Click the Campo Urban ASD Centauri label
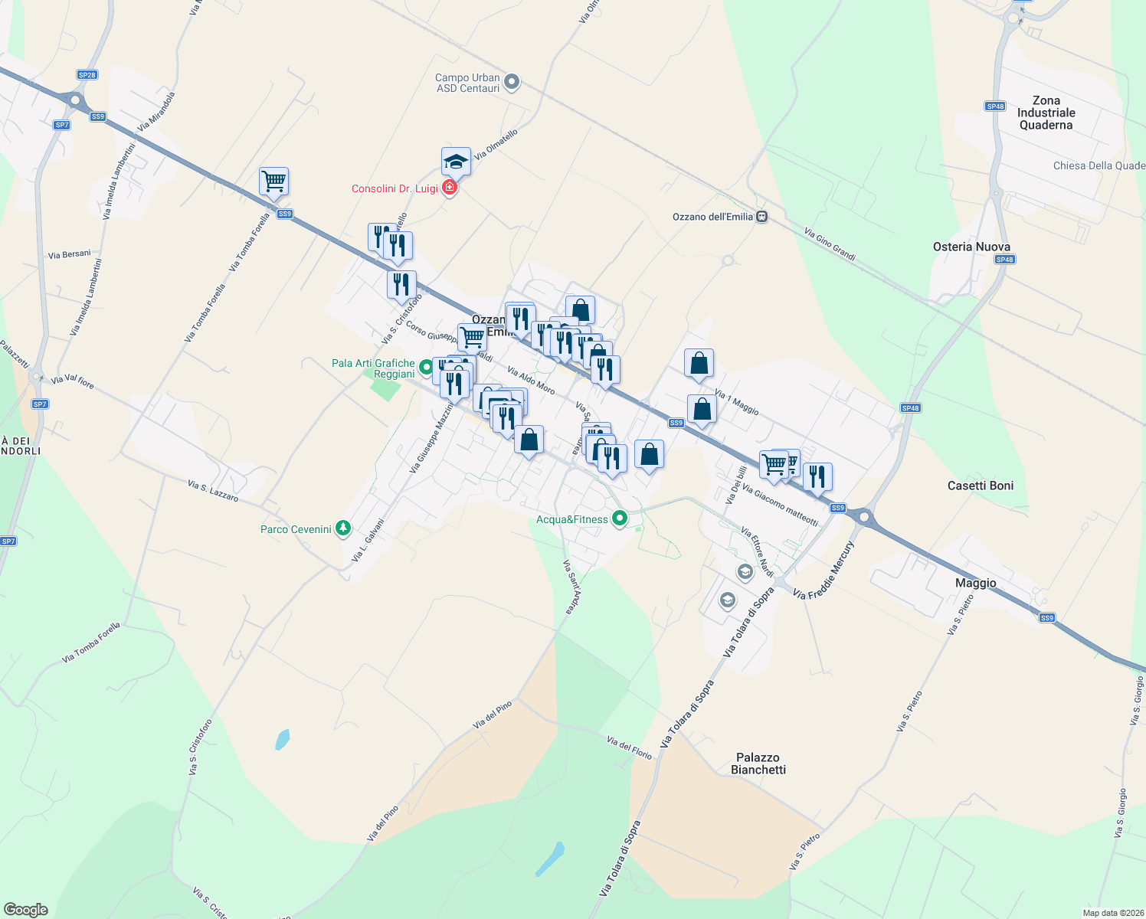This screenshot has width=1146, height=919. coord(467,83)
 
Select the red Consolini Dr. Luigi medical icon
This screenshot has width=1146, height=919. coord(450,188)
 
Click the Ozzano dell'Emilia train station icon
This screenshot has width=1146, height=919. coord(761,217)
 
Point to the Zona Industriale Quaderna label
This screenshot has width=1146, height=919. coord(1046,113)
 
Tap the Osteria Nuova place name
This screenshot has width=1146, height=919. coord(971,247)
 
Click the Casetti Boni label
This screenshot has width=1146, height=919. coord(980,486)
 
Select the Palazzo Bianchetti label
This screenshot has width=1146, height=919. coord(758,764)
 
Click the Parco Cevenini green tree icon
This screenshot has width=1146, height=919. coord(344,528)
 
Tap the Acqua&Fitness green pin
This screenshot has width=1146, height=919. coord(620,518)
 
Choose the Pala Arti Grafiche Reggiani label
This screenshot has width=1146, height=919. coord(373,368)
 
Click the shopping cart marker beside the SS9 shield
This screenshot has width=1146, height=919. coord(273,182)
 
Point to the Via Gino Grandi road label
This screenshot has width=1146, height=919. coord(830,244)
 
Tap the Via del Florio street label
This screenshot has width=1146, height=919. coord(629,748)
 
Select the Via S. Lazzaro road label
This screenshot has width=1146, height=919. coord(213,491)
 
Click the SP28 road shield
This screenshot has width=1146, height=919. coord(87,75)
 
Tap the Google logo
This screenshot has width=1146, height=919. coord(26,909)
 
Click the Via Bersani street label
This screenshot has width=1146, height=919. coord(69,254)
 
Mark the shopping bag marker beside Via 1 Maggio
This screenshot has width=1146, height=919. coord(699,364)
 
